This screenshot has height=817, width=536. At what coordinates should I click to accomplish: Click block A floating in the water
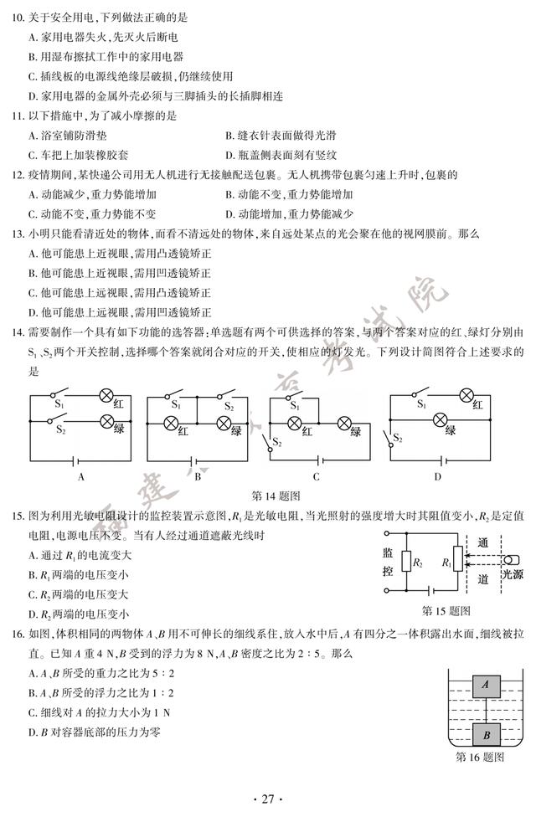click(x=485, y=686)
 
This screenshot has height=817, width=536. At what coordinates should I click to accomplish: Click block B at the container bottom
click(x=485, y=733)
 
